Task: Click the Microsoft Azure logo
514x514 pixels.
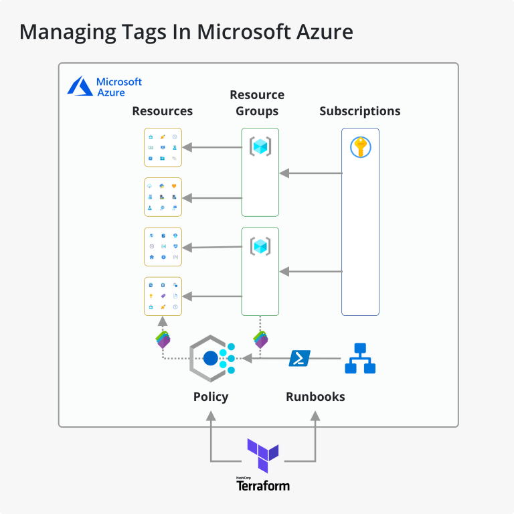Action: click(x=105, y=87)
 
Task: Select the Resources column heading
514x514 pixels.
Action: click(x=162, y=111)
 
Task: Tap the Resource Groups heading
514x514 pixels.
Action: click(x=257, y=103)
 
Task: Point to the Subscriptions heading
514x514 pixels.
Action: click(x=359, y=111)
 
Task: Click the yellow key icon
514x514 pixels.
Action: click(x=360, y=147)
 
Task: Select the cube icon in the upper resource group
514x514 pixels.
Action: click(x=260, y=146)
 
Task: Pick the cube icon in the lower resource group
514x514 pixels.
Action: click(x=260, y=246)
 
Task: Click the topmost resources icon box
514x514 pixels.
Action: click(x=163, y=147)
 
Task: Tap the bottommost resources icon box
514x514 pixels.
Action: click(x=163, y=296)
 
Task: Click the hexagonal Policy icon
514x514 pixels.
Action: click(x=211, y=359)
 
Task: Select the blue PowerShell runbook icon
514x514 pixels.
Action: click(x=299, y=359)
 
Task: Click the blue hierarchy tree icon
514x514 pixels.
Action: click(x=360, y=359)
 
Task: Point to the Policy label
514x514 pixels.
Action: click(x=211, y=397)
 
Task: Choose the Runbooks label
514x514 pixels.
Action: click(x=315, y=397)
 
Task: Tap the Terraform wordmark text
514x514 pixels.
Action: click(x=263, y=486)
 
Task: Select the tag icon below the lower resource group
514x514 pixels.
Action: click(x=260, y=339)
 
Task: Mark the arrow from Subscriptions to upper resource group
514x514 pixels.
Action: click(x=311, y=173)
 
